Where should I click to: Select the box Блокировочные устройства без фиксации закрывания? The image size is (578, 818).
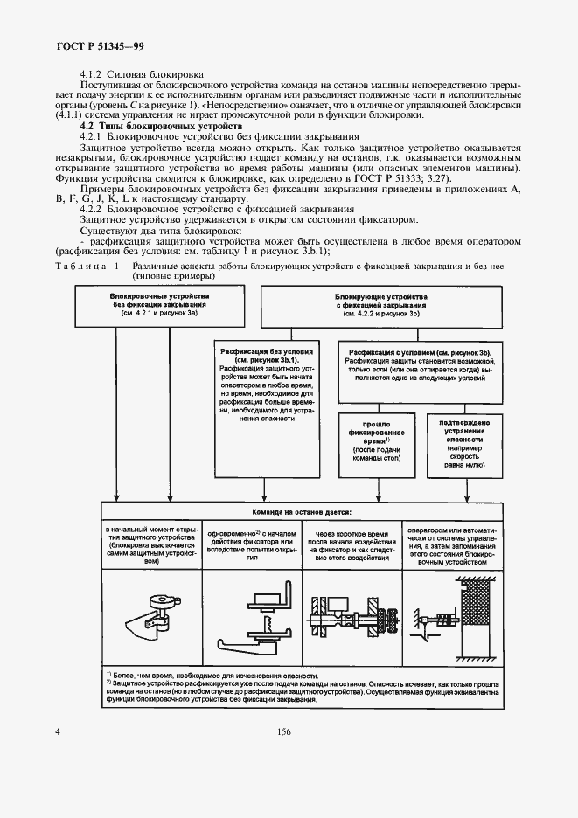click(147, 307)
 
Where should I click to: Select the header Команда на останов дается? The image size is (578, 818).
click(302, 513)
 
